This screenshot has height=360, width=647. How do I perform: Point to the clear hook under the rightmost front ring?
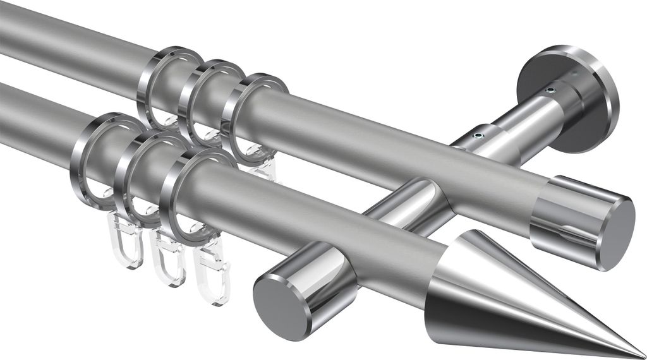[210, 278]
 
